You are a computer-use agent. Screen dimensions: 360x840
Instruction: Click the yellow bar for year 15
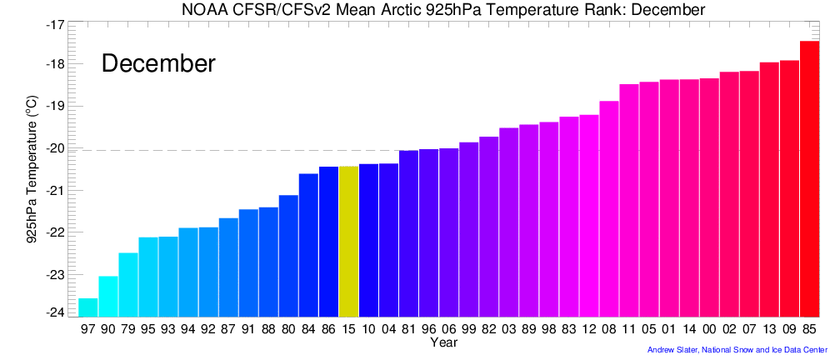point(348,241)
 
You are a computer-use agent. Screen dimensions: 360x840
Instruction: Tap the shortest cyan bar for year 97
point(87,307)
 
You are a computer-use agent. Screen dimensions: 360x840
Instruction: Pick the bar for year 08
point(609,208)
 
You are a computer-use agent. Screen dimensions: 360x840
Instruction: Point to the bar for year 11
point(629,200)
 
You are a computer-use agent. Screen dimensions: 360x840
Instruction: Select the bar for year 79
point(128,284)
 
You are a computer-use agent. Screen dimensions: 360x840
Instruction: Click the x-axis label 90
point(108,329)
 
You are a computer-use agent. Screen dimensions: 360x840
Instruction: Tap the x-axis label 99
point(469,329)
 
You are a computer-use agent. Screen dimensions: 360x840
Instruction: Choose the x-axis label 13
point(769,329)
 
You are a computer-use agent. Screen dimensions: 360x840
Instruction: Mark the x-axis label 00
point(709,329)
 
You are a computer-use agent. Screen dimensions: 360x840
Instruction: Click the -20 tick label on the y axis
point(56,148)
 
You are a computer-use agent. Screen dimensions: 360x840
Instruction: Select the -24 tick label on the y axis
point(56,312)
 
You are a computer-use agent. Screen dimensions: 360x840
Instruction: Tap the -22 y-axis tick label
point(56,232)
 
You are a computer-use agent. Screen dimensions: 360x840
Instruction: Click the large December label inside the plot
point(158,63)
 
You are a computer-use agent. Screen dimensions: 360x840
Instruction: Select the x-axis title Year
point(442,342)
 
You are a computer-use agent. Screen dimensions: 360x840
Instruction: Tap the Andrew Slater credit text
point(737,350)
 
